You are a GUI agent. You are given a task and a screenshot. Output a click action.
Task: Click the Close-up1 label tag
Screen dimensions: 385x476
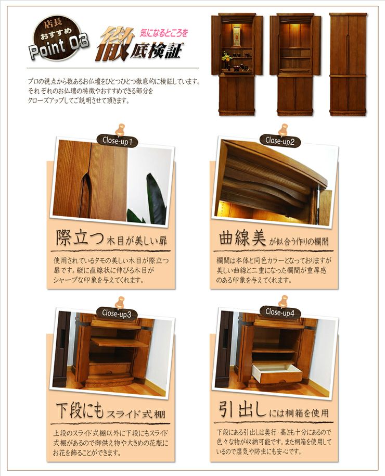118,140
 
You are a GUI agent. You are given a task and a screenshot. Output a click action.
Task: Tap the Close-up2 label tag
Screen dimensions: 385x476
280,140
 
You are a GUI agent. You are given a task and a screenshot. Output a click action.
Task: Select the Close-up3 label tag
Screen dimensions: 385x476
117,314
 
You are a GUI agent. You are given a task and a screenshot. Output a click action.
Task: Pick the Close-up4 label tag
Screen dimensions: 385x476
280,312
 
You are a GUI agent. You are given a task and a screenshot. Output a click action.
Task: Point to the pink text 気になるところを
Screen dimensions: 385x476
164,33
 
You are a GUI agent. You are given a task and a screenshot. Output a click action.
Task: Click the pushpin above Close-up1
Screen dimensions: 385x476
121,130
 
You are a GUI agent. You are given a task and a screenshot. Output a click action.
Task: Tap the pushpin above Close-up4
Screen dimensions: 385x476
284,302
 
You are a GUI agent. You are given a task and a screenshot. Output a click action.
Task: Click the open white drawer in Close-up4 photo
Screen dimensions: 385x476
277,374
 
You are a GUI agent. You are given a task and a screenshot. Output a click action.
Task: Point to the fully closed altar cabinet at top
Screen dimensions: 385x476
348,64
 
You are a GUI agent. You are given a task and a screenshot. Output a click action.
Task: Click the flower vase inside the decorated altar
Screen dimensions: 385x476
226,61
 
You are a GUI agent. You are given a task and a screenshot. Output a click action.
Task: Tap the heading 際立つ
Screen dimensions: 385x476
80,237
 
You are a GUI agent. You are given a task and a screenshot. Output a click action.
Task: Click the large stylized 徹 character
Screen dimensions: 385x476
115,44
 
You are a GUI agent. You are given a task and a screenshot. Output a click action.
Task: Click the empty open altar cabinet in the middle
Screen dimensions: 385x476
295,64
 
